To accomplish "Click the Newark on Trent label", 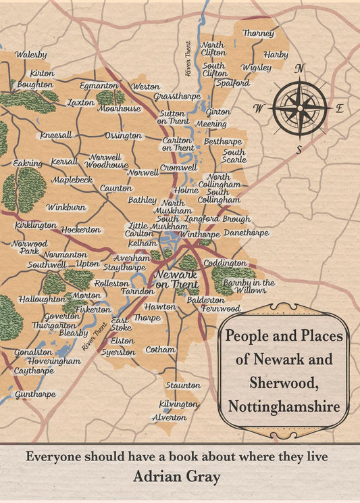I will (x=176, y=280).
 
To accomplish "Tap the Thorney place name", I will (x=258, y=33).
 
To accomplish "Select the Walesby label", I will (x=31, y=54).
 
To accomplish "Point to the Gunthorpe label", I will (x=35, y=393).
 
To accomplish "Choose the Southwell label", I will (x=47, y=264).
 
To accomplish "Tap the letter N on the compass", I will (x=300, y=68).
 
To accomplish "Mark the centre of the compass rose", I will (x=300, y=107).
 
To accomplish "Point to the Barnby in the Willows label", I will (x=249, y=286).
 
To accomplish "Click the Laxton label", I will (x=81, y=103).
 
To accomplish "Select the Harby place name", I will (x=276, y=54).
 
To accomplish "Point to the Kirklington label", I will (x=36, y=224).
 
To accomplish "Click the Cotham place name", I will (x=160, y=350).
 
